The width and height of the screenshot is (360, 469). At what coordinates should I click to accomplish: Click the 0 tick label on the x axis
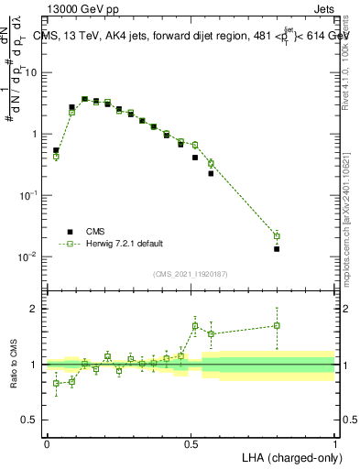tap(47, 442)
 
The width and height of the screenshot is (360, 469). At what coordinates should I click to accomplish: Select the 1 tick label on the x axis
tap(334, 442)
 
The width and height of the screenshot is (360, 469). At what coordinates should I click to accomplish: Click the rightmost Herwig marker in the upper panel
tap(277, 236)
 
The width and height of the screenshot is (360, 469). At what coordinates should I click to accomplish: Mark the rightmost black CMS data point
tap(277, 248)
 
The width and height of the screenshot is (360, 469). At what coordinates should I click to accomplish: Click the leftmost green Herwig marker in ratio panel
tap(56, 383)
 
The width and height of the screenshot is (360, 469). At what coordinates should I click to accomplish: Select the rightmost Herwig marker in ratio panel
tap(277, 325)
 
